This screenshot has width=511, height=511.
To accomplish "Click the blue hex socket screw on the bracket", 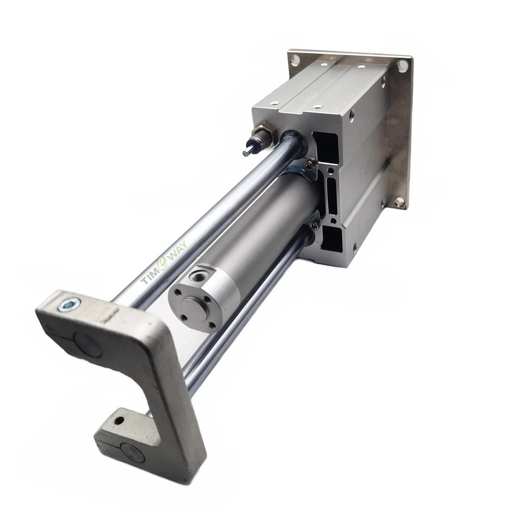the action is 69,305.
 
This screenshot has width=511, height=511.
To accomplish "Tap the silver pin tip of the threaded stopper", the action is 247,152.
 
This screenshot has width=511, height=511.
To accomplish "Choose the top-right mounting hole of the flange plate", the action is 403,65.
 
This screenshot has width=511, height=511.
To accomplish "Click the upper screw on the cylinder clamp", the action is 310,167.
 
